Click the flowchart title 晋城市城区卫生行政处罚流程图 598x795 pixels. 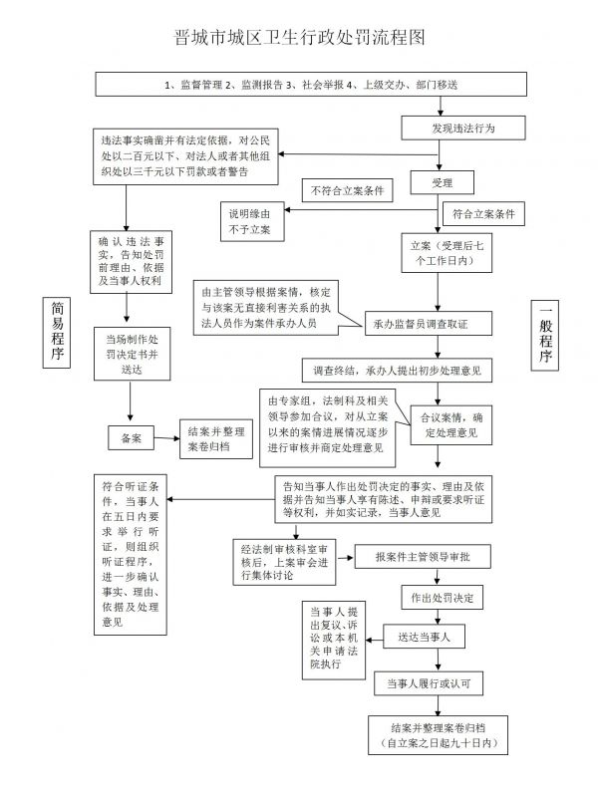299,38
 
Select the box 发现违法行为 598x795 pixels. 463,129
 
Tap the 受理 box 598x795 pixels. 442,182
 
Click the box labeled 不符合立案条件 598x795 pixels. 348,190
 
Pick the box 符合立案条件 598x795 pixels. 483,214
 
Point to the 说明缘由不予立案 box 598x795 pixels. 252,221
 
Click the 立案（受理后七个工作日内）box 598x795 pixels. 447,253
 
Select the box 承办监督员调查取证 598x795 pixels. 429,324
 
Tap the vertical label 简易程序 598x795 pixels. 56,332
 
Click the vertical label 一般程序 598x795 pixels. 545,335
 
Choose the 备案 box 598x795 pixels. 131,438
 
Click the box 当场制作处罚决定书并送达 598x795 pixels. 132,354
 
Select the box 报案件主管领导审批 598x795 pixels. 422,557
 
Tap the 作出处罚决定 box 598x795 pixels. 442,598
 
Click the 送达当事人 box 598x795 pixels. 424,637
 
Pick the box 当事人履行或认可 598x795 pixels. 429,683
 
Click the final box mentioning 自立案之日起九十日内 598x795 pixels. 438,735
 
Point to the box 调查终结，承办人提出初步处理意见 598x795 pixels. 397,371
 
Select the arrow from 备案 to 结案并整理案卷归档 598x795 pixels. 166,438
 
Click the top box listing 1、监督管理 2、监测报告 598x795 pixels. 311,84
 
